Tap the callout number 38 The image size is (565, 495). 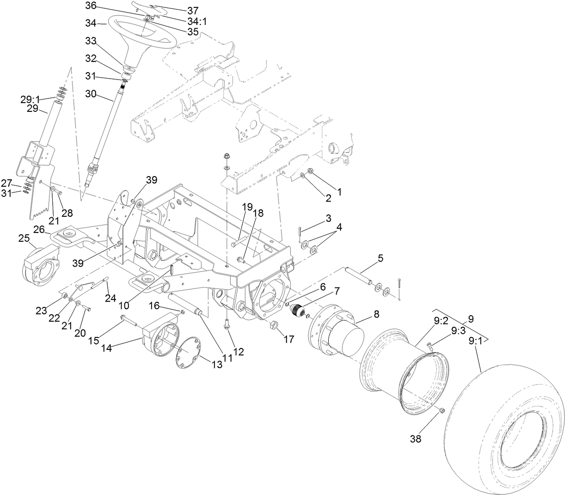click(416, 439)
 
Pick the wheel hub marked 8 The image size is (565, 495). click(338, 328)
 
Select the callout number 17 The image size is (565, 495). click(289, 339)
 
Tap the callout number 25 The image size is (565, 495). click(24, 238)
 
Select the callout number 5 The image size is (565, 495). click(380, 258)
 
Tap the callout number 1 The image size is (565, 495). click(339, 190)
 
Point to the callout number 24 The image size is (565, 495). click(110, 299)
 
